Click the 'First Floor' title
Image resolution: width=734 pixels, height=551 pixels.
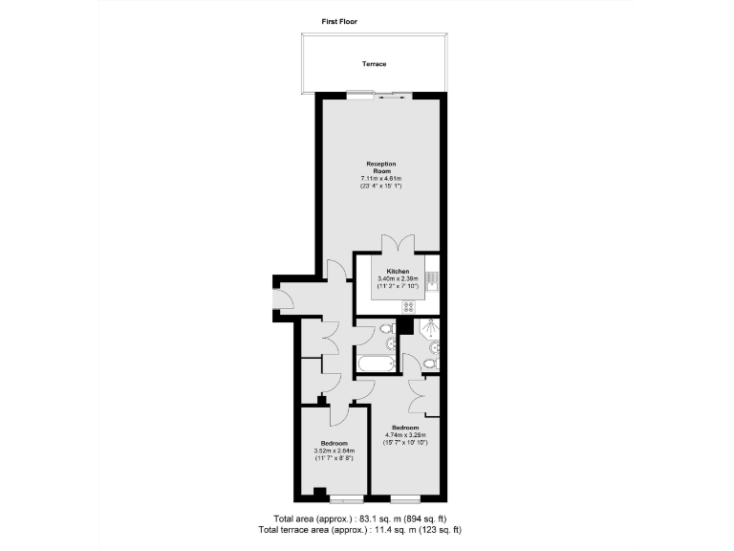339,20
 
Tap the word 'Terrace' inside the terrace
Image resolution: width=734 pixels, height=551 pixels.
374,64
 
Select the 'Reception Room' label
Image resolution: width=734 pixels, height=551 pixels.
378,166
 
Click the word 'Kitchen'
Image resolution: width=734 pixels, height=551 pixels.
399,272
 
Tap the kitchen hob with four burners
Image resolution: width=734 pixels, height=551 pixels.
409,307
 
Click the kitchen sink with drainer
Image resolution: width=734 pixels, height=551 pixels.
433,280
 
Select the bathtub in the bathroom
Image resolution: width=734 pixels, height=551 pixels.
375,364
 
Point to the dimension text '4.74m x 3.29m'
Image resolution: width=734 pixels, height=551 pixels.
405,435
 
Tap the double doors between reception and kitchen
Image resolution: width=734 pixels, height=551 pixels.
397,243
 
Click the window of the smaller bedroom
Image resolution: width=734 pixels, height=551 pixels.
346,499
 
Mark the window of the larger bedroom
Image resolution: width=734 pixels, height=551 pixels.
405,499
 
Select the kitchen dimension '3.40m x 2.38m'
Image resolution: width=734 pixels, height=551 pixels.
398,279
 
